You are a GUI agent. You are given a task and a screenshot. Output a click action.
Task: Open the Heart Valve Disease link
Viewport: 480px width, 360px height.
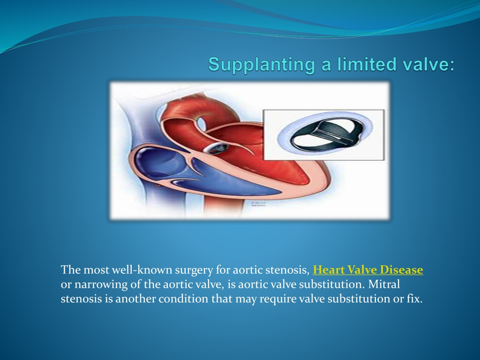tap(367, 270)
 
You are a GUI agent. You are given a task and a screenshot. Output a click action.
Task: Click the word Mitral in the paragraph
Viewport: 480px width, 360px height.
tap(384, 284)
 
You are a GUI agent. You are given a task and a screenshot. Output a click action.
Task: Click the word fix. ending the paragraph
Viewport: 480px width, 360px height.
tap(415, 299)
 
